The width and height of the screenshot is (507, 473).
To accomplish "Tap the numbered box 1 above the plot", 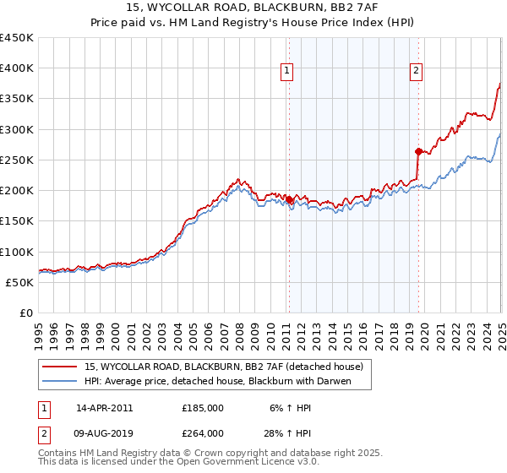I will pyautogui.click(x=288, y=72).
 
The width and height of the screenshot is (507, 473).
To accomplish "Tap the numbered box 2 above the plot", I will pyautogui.click(x=417, y=72).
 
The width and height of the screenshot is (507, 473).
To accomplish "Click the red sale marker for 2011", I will pyautogui.click(x=289, y=200).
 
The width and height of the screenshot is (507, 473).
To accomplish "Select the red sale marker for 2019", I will pyautogui.click(x=418, y=152).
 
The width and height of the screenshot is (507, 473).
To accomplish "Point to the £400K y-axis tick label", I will pyautogui.click(x=16, y=68).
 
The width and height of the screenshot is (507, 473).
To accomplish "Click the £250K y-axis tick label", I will pyautogui.click(x=16, y=160).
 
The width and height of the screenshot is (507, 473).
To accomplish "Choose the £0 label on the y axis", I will pyautogui.click(x=25, y=313).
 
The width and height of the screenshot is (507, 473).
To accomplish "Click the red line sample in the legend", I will pyautogui.click(x=61, y=367).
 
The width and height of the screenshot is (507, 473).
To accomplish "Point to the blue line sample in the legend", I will pyautogui.click(x=61, y=382).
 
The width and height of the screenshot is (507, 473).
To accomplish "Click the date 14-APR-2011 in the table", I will pyautogui.click(x=104, y=407).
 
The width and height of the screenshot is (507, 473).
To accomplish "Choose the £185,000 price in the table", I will pyautogui.click(x=203, y=407).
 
